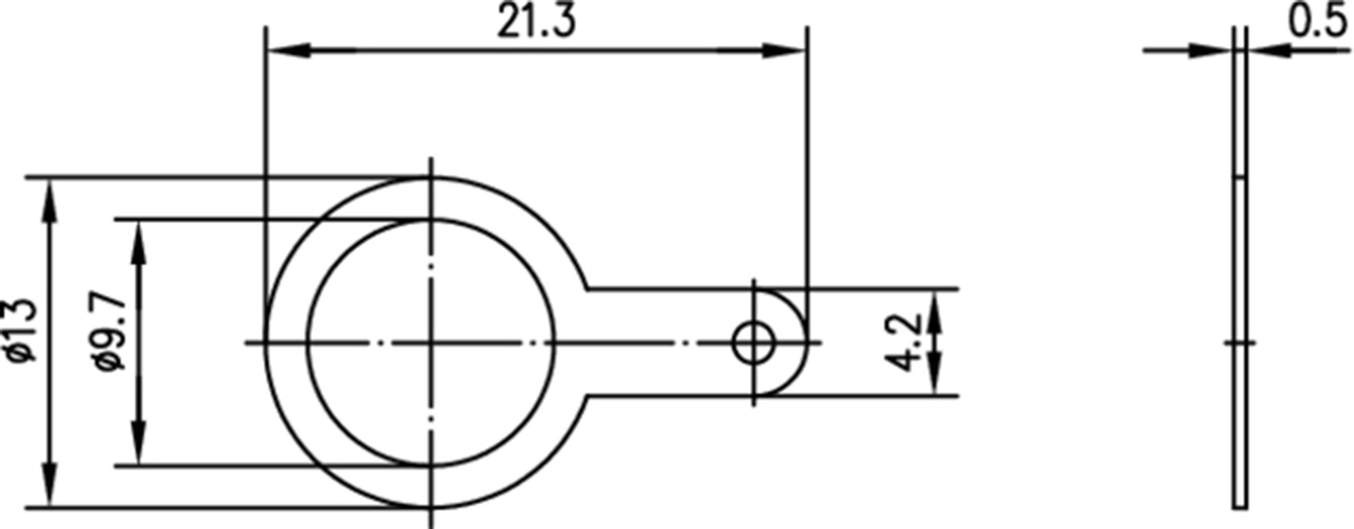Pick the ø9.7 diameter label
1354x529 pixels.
coord(111,333)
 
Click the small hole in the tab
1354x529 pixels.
coord(754,343)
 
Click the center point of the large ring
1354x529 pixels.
coord(431,343)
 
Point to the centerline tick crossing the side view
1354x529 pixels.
coord(1240,343)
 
